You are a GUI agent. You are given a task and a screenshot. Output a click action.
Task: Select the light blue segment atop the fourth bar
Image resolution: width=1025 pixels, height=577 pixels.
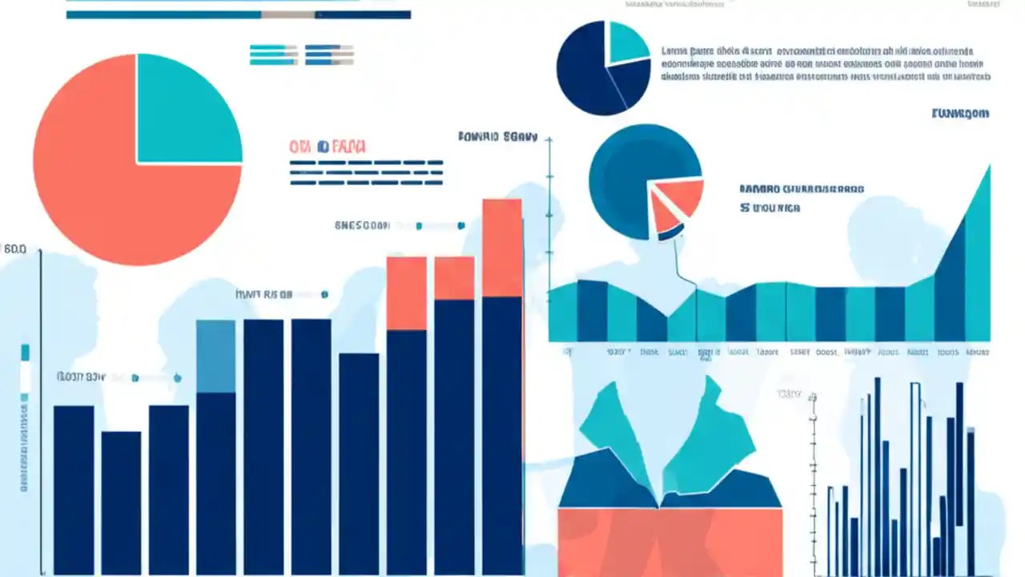[215, 356]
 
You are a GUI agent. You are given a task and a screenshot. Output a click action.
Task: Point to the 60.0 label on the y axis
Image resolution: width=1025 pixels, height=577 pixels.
[15, 249]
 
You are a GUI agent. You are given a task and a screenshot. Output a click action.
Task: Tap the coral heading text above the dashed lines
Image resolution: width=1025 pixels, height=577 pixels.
[328, 147]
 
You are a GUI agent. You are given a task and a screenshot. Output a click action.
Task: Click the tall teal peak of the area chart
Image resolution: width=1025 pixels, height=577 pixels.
[979, 264]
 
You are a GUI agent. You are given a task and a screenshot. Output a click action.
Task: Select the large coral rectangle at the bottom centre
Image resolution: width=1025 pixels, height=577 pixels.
[669, 541]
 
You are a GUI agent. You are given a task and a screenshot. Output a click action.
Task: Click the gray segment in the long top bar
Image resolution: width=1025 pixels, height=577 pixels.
[287, 14]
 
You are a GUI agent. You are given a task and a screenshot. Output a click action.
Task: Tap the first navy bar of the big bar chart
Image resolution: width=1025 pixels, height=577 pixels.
[74, 489]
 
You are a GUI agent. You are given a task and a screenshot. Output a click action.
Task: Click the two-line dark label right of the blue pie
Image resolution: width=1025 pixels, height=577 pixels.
[801, 199]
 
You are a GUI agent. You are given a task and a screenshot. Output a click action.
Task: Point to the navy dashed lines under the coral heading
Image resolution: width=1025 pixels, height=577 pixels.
[366, 171]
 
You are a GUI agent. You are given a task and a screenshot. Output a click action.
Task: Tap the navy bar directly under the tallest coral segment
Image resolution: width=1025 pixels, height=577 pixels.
[502, 433]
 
